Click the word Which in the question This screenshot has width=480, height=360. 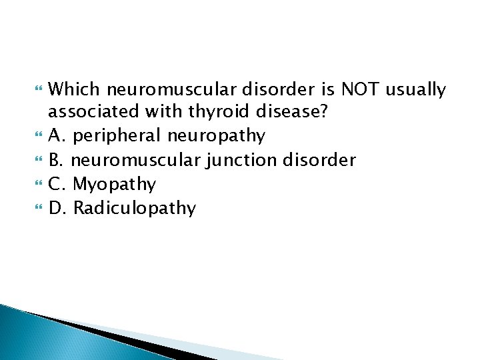coord(75,89)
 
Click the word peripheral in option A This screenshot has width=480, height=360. coord(117,136)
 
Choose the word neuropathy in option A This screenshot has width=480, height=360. coord(216,136)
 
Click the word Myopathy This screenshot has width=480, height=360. coord(115,184)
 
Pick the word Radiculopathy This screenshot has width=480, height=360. coord(135,208)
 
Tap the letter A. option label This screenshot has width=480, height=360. coord(58,136)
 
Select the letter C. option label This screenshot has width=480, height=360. coord(58,184)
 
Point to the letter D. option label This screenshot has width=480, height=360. coord(59,208)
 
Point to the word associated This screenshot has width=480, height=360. coord(91,112)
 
